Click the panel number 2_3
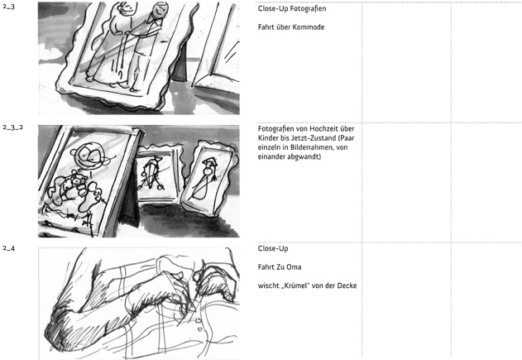[8, 7]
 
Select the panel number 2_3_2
[13, 127]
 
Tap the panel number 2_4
[8, 248]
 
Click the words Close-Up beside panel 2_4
[273, 248]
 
